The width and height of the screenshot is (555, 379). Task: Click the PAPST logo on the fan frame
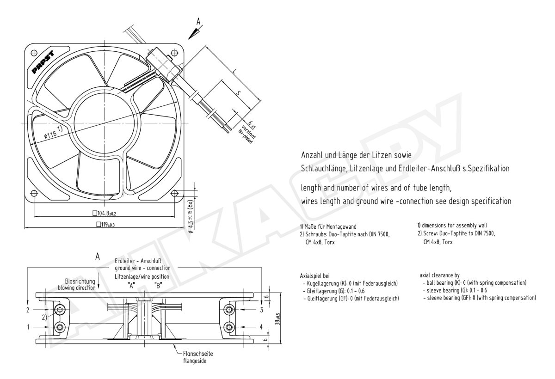tap(43, 62)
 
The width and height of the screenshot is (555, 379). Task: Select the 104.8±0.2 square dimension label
tap(104, 213)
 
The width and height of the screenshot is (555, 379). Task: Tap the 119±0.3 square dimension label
tap(105, 225)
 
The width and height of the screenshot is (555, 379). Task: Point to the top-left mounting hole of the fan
tap(34, 53)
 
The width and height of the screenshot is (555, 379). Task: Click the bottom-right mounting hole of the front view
tap(175, 193)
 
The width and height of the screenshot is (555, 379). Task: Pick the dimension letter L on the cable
tap(234, 72)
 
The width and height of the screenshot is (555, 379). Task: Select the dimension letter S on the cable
tap(238, 93)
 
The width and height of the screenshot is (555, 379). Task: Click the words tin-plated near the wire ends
tap(246, 137)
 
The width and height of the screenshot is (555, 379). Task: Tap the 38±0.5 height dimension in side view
tap(277, 319)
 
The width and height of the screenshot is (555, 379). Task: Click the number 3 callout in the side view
tap(261, 310)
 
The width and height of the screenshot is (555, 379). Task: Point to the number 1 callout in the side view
tap(28, 327)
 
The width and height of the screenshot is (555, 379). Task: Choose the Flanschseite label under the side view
tap(198, 354)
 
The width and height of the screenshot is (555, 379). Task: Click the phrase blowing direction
tap(77, 287)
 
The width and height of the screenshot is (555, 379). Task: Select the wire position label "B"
tap(158, 286)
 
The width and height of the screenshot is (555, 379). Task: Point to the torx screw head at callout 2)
tap(60, 310)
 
